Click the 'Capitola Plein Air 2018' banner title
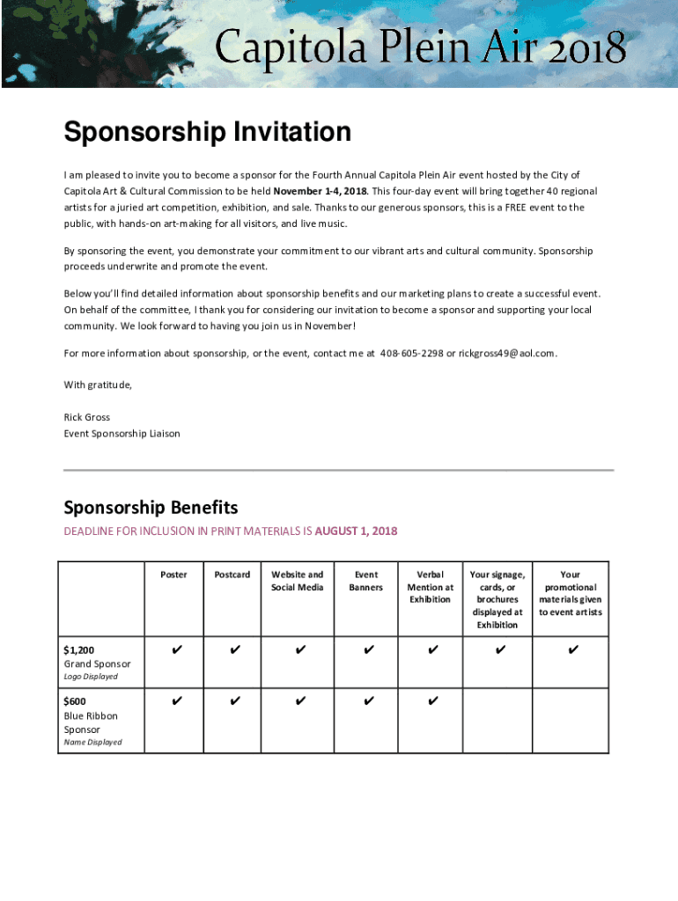tap(421, 48)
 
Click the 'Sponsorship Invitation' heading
tap(207, 133)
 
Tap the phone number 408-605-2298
tap(411, 353)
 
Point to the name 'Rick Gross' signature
tap(86, 417)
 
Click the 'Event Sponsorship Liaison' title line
tap(122, 433)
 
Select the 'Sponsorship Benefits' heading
tap(151, 508)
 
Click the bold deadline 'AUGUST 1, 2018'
tap(356, 531)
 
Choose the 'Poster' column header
tap(173, 575)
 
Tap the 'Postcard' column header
tap(232, 575)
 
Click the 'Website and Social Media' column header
tap(297, 581)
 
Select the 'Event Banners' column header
tap(365, 581)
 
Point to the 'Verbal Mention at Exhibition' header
tap(430, 587)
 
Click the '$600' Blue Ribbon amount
tap(76, 701)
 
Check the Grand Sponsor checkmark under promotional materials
tap(572, 650)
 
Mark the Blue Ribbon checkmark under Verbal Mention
tap(432, 701)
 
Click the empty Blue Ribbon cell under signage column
tap(497, 720)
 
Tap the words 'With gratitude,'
tap(98, 385)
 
